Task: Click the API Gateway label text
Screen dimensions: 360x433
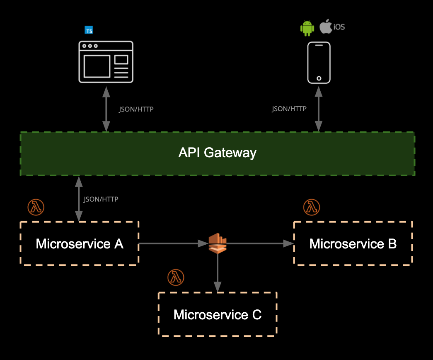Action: click(218, 153)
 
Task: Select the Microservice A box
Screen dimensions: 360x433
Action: click(79, 243)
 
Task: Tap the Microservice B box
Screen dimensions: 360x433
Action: click(353, 243)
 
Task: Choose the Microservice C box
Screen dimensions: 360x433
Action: click(218, 314)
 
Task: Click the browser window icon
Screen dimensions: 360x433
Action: click(106, 61)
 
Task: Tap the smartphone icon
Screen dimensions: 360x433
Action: click(319, 63)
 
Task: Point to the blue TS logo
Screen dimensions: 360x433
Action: click(88, 30)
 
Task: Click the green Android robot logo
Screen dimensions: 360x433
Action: click(307, 28)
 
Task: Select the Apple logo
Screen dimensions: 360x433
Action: click(326, 26)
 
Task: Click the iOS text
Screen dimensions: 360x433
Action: click(339, 27)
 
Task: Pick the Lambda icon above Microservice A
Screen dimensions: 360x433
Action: click(36, 207)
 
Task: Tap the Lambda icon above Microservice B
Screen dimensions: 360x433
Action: click(312, 207)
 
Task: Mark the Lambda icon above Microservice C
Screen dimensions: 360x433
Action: click(176, 277)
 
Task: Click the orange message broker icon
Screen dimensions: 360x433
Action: click(218, 243)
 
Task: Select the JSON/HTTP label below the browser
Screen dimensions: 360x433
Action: click(136, 109)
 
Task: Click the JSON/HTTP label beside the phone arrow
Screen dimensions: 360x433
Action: click(289, 109)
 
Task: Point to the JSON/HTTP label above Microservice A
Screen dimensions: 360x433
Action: click(101, 199)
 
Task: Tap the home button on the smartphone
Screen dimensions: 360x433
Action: click(319, 78)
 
